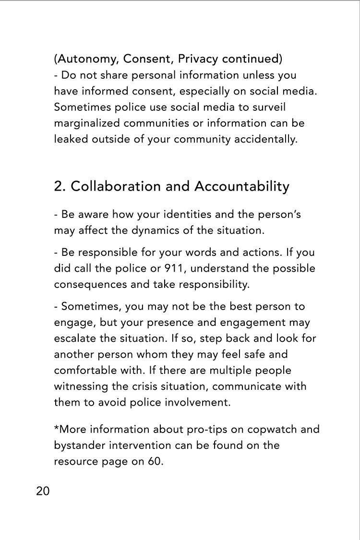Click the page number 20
(x=43, y=491)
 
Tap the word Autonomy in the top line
(x=87, y=59)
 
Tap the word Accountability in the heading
(x=241, y=186)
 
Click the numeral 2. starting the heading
(x=60, y=186)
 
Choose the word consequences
(x=90, y=284)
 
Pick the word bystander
(x=79, y=445)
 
